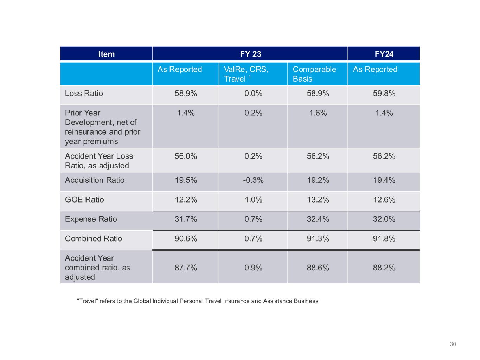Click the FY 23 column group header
click(x=250, y=54)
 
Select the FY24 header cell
click(x=384, y=54)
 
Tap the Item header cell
click(x=106, y=54)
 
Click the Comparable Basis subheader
click(x=314, y=74)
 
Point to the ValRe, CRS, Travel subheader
click(x=246, y=74)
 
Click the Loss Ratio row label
click(x=84, y=94)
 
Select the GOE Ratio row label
click(x=84, y=200)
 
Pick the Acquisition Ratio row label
click(x=95, y=180)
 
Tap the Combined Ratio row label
click(x=94, y=239)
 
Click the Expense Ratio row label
click(x=91, y=219)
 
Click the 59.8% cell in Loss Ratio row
click(x=384, y=94)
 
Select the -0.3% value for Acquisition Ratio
click(x=253, y=180)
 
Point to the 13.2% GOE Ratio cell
click(x=318, y=200)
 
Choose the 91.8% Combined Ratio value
click(x=384, y=239)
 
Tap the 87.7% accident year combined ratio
click(x=186, y=268)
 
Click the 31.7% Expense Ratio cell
click(x=186, y=219)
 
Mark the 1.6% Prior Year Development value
click(x=318, y=113)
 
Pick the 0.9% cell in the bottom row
click(x=253, y=268)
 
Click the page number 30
click(x=453, y=344)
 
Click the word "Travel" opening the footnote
click(x=87, y=301)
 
